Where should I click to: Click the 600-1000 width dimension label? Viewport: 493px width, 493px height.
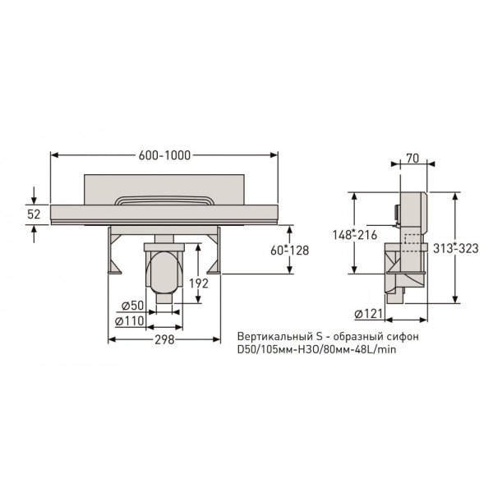[x=164, y=155]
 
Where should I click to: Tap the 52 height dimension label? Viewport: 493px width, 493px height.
[x=34, y=214]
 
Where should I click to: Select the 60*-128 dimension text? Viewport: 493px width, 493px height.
[x=289, y=251]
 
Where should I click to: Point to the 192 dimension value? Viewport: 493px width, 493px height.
[x=199, y=283]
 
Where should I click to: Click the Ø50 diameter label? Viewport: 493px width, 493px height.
[x=132, y=306]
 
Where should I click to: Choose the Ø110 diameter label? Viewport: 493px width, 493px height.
[x=129, y=321]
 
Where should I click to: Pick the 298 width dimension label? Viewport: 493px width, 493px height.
[x=164, y=339]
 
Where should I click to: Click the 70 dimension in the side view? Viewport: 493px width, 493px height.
[x=412, y=159]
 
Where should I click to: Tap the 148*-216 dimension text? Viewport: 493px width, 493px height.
[x=355, y=235]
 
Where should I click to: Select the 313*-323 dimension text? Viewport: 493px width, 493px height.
[x=455, y=248]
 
